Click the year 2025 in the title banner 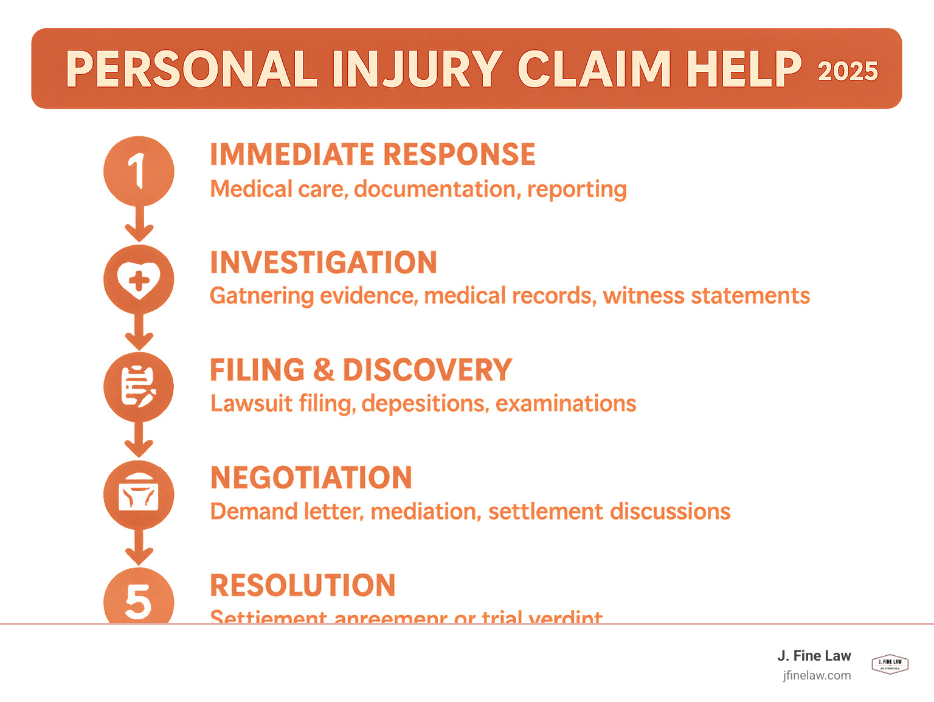(848, 71)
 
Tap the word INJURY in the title (417, 69)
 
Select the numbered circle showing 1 (139, 171)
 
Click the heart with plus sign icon (139, 280)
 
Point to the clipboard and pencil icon (139, 387)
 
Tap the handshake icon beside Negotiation (139, 495)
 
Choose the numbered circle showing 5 (139, 599)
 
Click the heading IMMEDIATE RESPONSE (372, 155)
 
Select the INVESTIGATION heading (323, 263)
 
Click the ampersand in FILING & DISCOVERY (324, 370)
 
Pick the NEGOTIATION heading (311, 478)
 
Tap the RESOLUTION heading (303, 586)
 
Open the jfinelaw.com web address (817, 675)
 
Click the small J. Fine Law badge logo (890, 664)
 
